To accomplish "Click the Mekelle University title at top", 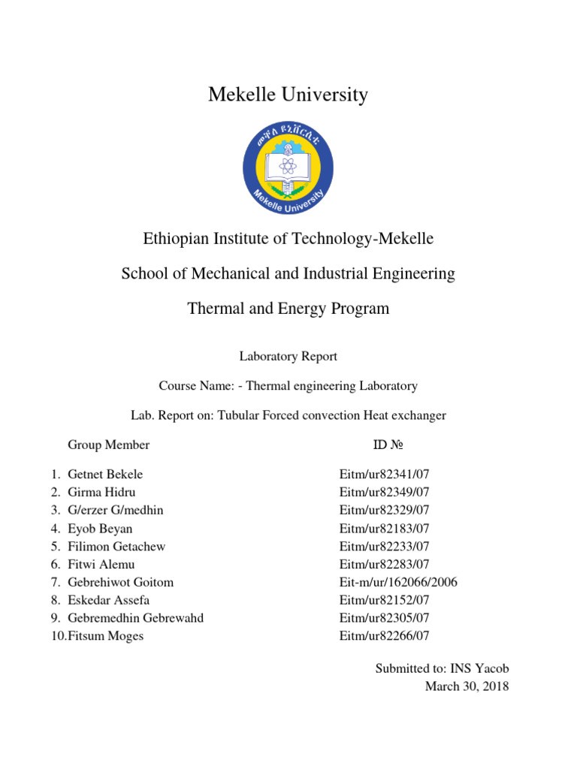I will [x=288, y=95].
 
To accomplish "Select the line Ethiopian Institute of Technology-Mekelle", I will [x=288, y=239].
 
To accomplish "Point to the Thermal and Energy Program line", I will [x=288, y=309].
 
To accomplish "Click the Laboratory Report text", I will [x=288, y=357].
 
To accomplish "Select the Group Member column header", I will [x=108, y=445].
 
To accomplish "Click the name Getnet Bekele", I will [x=105, y=474].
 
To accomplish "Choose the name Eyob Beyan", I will [x=101, y=528].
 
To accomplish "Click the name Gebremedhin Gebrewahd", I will [x=135, y=618].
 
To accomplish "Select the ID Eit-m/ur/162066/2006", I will [x=398, y=582].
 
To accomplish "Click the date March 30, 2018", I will [x=467, y=686].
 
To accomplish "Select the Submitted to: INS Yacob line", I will [x=442, y=668].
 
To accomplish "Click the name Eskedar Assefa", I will [x=110, y=600].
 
